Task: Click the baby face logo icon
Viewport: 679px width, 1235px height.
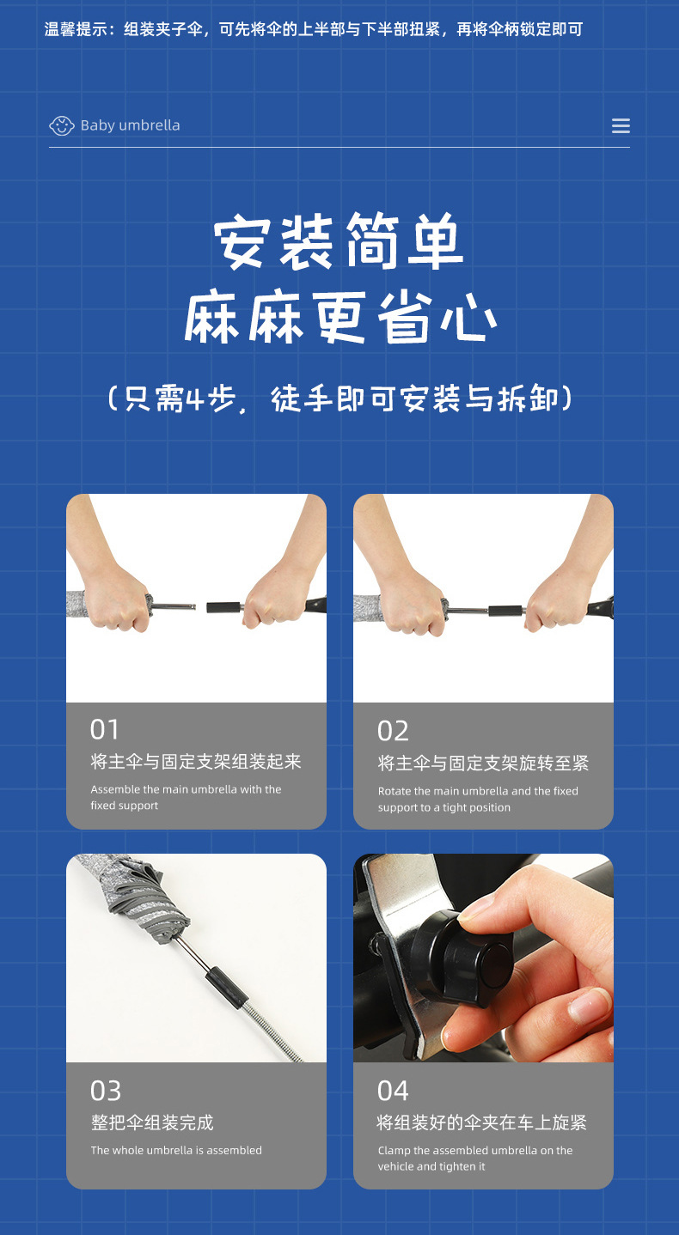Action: tap(62, 125)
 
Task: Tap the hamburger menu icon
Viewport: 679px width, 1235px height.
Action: tap(621, 125)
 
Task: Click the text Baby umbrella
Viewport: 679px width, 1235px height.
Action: tap(130, 125)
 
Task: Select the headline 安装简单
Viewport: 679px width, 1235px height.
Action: tap(339, 243)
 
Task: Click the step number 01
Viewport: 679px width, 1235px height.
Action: tap(105, 729)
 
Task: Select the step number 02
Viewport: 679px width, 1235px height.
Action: tap(393, 731)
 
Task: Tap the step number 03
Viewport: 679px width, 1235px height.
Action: tap(106, 1091)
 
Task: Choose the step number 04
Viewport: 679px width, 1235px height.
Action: tap(393, 1091)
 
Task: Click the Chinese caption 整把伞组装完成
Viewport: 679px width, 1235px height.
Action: tap(152, 1122)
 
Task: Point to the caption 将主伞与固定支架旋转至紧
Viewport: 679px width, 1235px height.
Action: tap(483, 764)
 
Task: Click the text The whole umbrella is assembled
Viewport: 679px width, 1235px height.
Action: tap(176, 1150)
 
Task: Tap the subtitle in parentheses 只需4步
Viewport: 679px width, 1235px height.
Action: tap(340, 399)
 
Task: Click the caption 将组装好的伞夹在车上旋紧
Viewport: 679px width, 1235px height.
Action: tap(482, 1122)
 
